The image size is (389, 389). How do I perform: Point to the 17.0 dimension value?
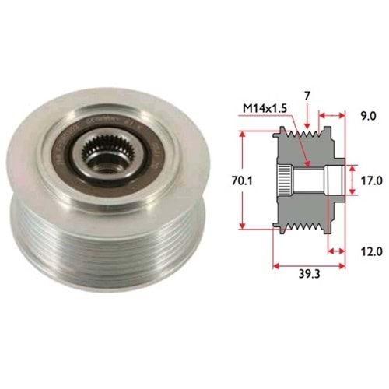coord(370,180)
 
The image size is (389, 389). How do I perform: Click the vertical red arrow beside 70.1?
coord(247,180)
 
